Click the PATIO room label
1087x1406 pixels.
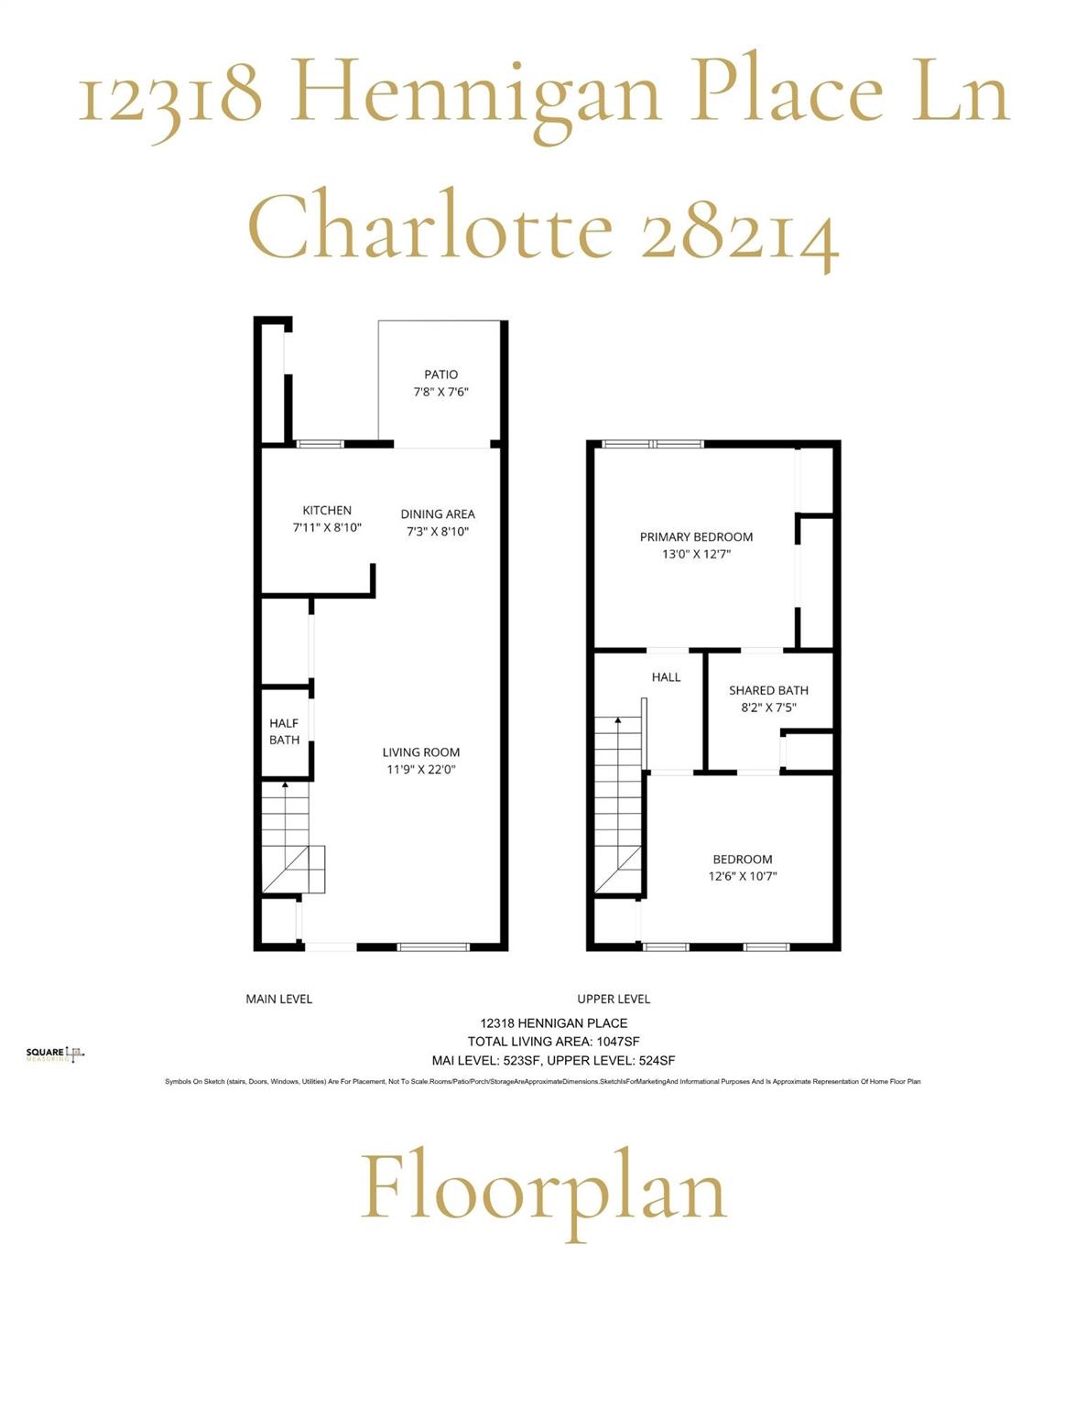pyautogui.click(x=440, y=374)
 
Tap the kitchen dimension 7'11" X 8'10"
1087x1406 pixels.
pyautogui.click(x=327, y=528)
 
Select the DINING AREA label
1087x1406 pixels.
pyautogui.click(x=438, y=514)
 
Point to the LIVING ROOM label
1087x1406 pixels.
pyautogui.click(x=421, y=752)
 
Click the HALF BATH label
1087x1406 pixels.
pyautogui.click(x=284, y=731)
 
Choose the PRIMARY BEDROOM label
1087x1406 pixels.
pyautogui.click(x=696, y=537)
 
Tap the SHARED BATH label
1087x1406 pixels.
pyautogui.click(x=768, y=690)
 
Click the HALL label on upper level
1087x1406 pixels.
pyautogui.click(x=666, y=677)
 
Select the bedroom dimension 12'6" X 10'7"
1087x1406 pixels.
pyautogui.click(x=743, y=876)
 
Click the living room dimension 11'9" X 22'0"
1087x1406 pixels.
pyautogui.click(x=421, y=770)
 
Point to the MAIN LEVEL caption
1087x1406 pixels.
pyautogui.click(x=279, y=999)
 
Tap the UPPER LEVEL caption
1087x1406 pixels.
pyautogui.click(x=614, y=999)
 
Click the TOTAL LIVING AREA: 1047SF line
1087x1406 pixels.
pyautogui.click(x=553, y=1042)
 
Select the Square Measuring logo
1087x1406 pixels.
pyautogui.click(x=55, y=1054)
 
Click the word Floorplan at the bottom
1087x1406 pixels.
pyautogui.click(x=544, y=1190)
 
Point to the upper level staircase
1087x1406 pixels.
pyautogui.click(x=618, y=806)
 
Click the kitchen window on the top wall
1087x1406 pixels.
pyautogui.click(x=321, y=444)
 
